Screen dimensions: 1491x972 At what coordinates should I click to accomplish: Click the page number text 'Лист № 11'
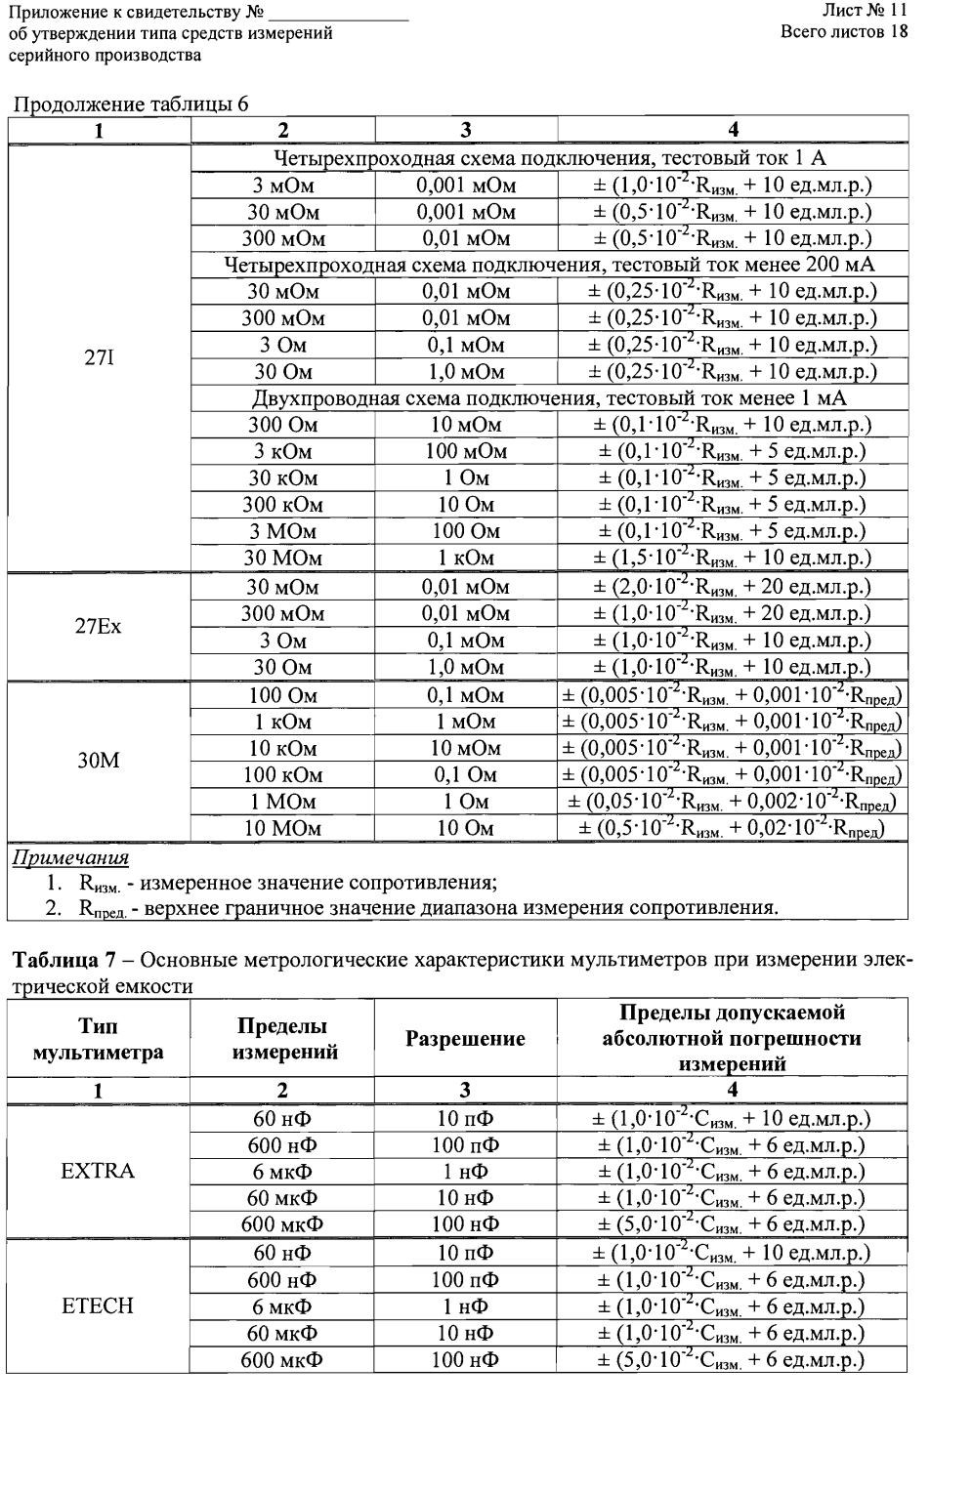(x=866, y=11)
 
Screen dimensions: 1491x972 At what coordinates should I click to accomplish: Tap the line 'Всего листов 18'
(x=844, y=32)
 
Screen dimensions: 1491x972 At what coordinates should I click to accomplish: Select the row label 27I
(x=99, y=358)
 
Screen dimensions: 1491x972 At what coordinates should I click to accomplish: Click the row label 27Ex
(x=99, y=627)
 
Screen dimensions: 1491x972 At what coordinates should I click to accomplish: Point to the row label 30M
(x=99, y=761)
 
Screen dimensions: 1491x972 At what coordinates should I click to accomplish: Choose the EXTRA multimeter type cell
(x=98, y=1171)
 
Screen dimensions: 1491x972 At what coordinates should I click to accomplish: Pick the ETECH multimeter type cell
(x=98, y=1305)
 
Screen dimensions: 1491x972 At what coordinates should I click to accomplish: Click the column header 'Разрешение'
(x=465, y=1039)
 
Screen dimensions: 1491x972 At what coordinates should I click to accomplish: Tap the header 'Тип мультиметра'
(x=98, y=1039)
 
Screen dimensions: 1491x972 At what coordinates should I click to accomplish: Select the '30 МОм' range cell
(x=282, y=559)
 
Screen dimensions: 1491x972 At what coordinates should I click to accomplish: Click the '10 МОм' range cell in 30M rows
(x=282, y=828)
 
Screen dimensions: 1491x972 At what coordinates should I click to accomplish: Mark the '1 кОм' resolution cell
(x=465, y=559)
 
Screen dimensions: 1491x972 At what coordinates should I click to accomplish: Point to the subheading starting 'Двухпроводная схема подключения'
(x=549, y=398)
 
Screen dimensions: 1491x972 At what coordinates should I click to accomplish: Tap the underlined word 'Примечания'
(x=69, y=857)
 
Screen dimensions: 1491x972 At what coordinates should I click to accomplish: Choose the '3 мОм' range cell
(x=282, y=185)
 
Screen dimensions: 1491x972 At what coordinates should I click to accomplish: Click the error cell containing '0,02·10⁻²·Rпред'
(x=732, y=828)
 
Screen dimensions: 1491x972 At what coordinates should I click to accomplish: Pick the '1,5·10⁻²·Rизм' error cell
(x=732, y=559)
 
